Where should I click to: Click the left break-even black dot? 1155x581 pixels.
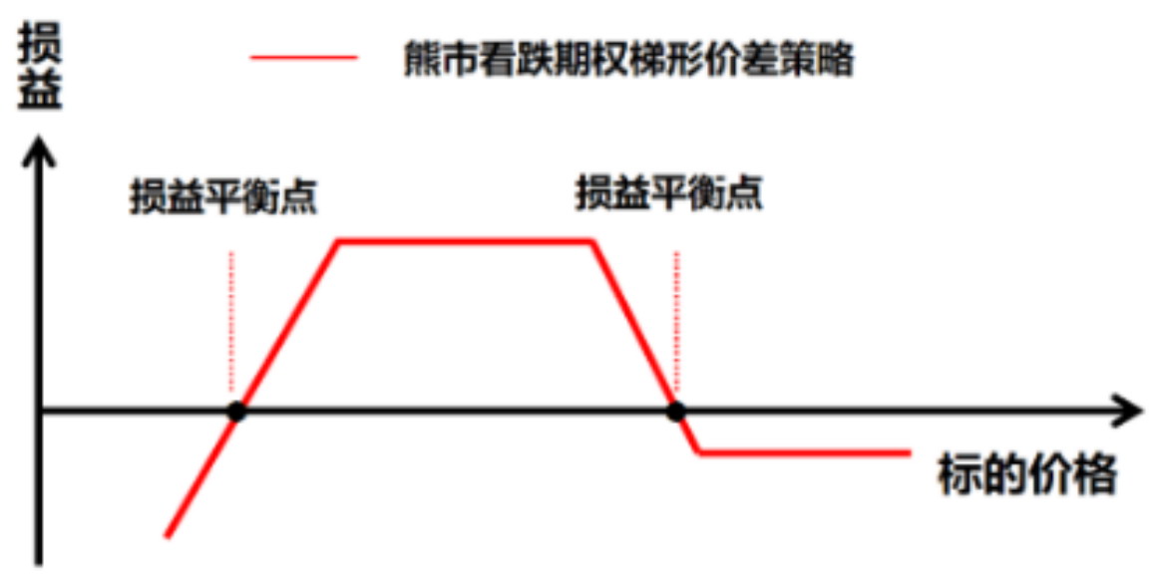pos(236,412)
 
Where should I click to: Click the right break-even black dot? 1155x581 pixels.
pos(675,412)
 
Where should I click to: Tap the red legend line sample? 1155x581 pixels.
pos(304,58)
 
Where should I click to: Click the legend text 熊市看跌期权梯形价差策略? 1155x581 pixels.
pos(628,58)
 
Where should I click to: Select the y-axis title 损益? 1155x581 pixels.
pos(39,68)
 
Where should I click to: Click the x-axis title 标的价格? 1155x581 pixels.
pos(1026,475)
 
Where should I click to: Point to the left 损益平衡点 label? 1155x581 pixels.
pos(223,196)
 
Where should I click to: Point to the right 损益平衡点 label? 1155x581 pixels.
pos(669,193)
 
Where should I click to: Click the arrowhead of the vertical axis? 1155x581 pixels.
pos(39,150)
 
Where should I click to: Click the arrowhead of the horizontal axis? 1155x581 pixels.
pos(1126,411)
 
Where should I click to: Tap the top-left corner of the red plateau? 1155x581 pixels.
pos(338,241)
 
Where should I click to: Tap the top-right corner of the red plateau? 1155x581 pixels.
pos(592,241)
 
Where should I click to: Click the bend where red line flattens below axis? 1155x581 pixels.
pos(699,452)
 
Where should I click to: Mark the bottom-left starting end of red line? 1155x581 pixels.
pos(168,535)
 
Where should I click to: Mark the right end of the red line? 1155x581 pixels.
pos(912,452)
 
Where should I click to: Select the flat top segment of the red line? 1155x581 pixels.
pos(465,241)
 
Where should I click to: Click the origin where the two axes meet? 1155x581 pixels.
pos(40,411)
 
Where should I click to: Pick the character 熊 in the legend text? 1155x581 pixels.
pos(422,58)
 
